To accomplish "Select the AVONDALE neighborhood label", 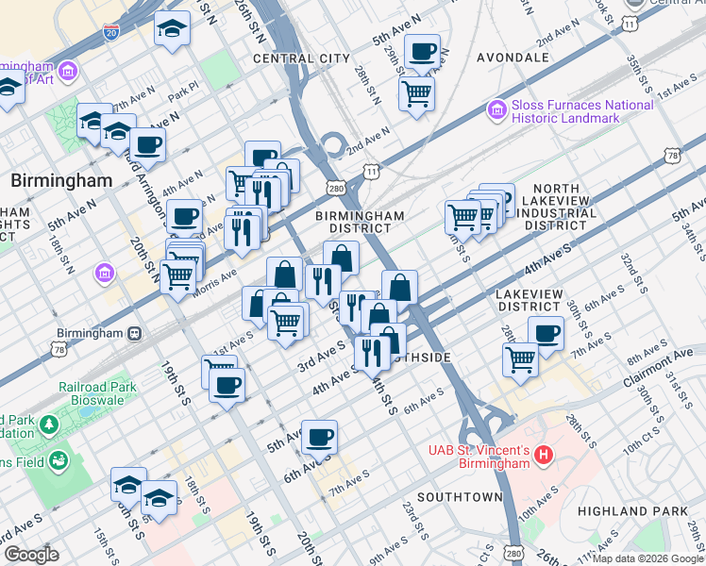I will [x=513, y=58].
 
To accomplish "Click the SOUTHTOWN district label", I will [x=460, y=496].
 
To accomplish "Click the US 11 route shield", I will [x=372, y=171].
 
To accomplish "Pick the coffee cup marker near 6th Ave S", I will [x=319, y=436].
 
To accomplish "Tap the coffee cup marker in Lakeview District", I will [x=546, y=332].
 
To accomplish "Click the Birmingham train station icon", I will [x=135, y=333].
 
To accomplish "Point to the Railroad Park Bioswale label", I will [x=98, y=393].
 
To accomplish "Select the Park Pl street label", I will [x=183, y=96].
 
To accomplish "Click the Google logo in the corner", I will [x=30, y=554].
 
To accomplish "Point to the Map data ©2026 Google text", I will [x=647, y=558].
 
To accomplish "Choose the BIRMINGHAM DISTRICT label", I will [x=360, y=222].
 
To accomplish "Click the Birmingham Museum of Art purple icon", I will [x=66, y=71].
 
